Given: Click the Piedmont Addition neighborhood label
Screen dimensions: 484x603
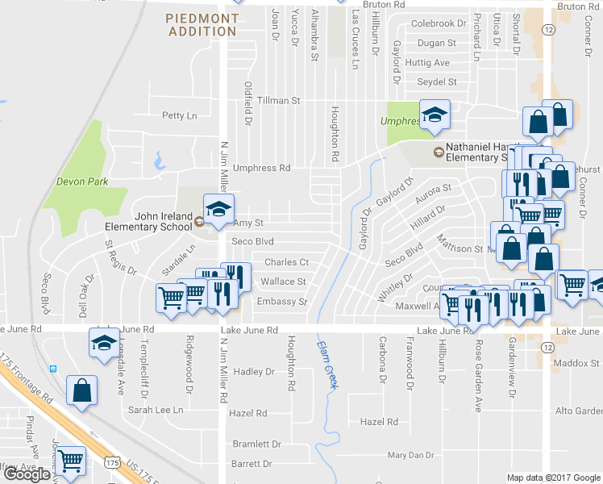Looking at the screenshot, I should pos(203,24).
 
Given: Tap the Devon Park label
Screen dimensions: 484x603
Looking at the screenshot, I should pos(81,181).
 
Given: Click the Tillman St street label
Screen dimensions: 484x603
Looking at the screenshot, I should pos(278,101).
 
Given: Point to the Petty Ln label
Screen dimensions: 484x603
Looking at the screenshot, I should pos(179,116).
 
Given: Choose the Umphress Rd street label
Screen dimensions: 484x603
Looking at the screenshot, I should pos(261,169).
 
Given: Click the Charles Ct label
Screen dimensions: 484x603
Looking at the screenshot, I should pos(287,262).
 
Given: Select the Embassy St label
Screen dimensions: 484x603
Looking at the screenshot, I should pos(282,302).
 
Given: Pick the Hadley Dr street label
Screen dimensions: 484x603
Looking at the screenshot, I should pos(254,372).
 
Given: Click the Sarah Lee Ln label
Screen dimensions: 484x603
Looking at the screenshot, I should pos(156,411).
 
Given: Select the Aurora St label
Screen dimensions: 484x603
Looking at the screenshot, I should pos(433,192).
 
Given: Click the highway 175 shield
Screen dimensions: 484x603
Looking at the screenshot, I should pos(112,461).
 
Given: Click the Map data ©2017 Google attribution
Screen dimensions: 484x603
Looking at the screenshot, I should pos(553,478).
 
